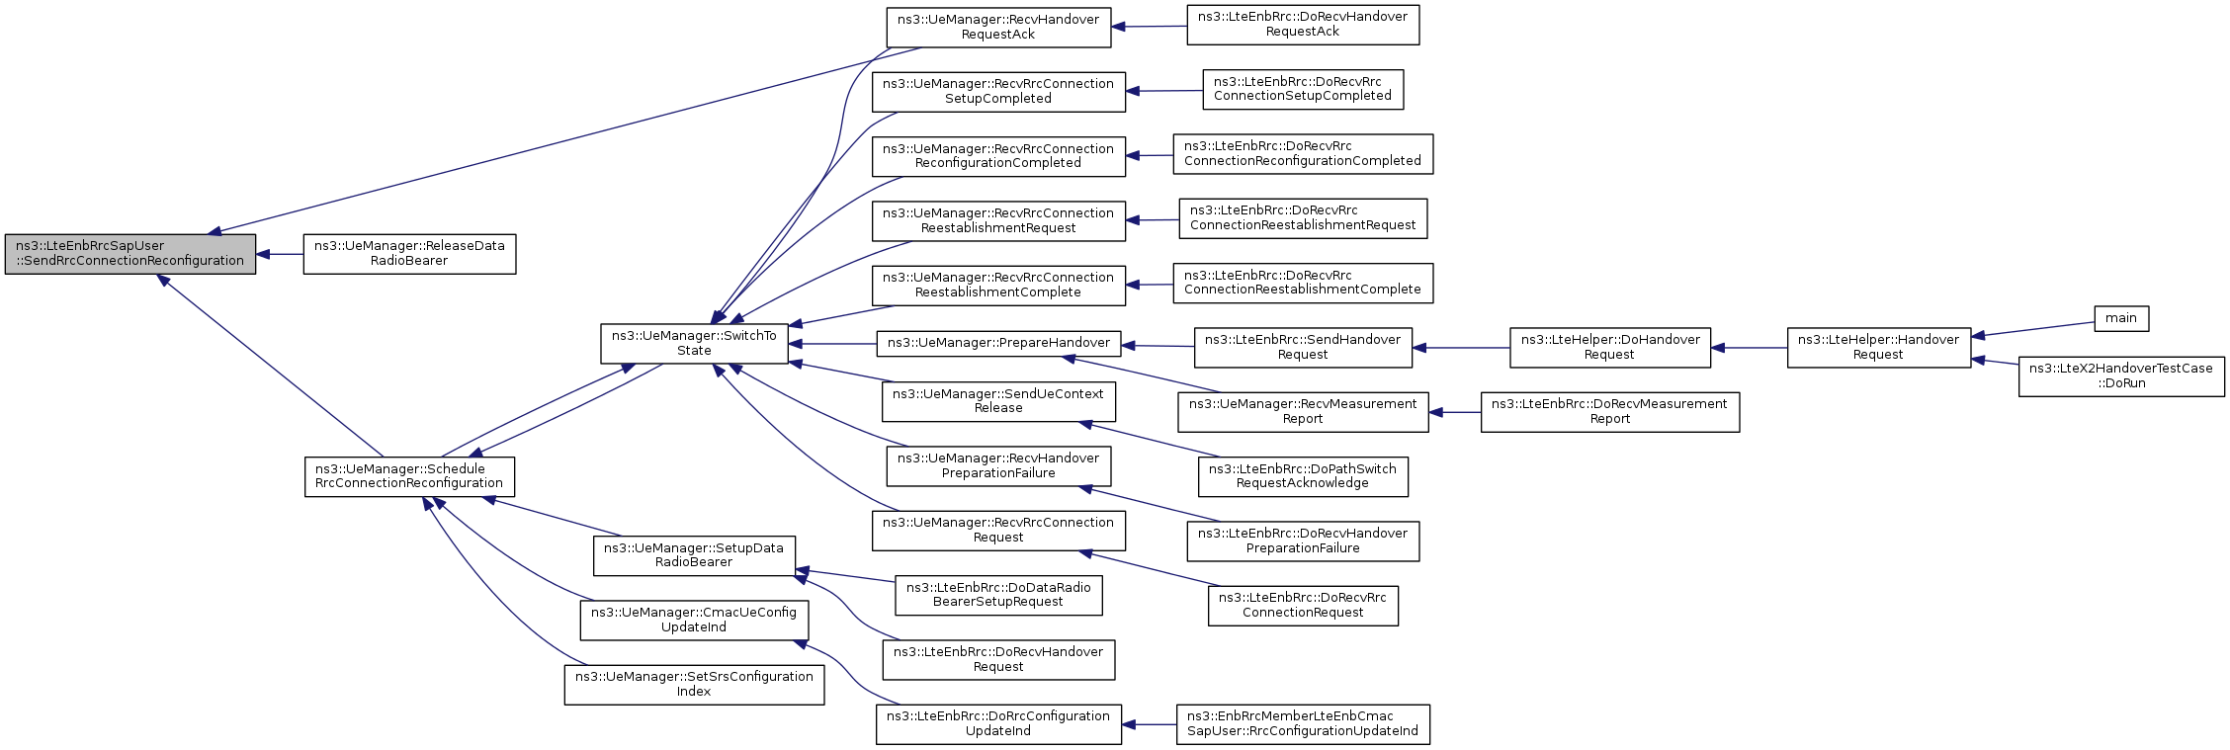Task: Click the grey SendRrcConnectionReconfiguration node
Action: point(130,254)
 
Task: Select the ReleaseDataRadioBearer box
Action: point(409,254)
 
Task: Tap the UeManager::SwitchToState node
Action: point(694,343)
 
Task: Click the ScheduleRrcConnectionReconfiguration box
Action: point(409,476)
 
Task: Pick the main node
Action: point(2121,318)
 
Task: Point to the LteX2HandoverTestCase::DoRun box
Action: point(2121,376)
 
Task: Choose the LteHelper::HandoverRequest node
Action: point(1879,348)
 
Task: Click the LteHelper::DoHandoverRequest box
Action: point(1610,348)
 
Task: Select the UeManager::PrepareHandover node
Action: point(998,344)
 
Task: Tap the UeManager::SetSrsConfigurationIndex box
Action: point(694,684)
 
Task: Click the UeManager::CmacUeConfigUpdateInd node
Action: point(694,620)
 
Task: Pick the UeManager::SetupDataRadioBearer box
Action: point(694,555)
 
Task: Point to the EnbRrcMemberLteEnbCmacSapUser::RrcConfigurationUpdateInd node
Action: point(1303,723)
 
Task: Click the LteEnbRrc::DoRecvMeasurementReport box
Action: point(1610,411)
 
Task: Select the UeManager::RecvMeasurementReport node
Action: point(1303,411)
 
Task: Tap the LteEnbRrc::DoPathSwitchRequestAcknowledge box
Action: point(1303,476)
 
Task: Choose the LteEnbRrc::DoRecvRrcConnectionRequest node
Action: point(1303,605)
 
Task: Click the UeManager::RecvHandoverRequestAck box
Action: point(998,27)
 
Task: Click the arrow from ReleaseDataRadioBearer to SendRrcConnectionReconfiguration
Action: point(280,254)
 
